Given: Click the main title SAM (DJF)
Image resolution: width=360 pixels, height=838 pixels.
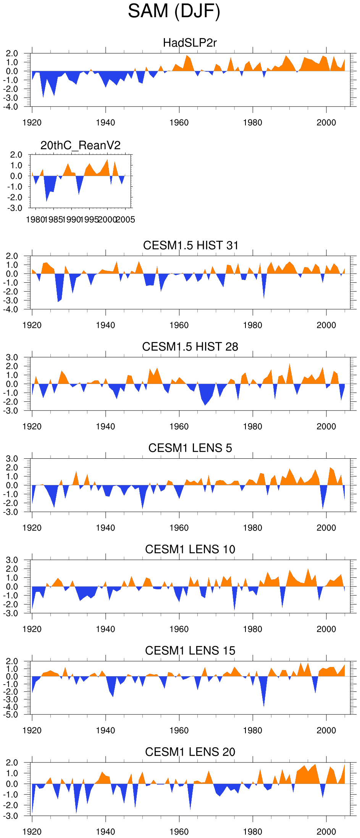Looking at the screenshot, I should [x=174, y=11].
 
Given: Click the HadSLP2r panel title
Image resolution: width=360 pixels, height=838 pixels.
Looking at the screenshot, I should [x=190, y=43].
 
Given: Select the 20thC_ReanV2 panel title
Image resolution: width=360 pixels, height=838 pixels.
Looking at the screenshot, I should [x=81, y=145].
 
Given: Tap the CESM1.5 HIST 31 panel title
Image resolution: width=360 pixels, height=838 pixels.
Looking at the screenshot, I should [x=190, y=245].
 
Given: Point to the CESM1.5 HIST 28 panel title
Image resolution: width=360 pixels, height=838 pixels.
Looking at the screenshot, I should [x=190, y=346].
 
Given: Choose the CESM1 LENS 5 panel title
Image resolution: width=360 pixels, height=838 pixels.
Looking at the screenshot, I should [x=190, y=448].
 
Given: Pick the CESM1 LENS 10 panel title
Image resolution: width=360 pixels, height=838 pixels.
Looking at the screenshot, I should [x=190, y=549].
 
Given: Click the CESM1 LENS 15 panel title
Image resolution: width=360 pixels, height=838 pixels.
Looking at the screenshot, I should [x=190, y=651].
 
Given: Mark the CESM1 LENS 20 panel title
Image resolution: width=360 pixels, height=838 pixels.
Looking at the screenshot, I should [x=190, y=752].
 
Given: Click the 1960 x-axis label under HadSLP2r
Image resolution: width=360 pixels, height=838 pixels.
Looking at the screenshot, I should [x=179, y=123].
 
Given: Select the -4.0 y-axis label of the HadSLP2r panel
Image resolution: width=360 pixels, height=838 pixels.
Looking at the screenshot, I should [x=11, y=107].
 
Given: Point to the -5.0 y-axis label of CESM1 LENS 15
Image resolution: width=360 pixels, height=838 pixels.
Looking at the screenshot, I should [x=11, y=715].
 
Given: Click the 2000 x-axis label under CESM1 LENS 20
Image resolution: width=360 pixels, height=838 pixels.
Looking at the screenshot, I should [x=326, y=832].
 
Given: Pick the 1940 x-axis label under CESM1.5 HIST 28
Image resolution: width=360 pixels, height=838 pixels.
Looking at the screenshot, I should [x=105, y=427].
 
